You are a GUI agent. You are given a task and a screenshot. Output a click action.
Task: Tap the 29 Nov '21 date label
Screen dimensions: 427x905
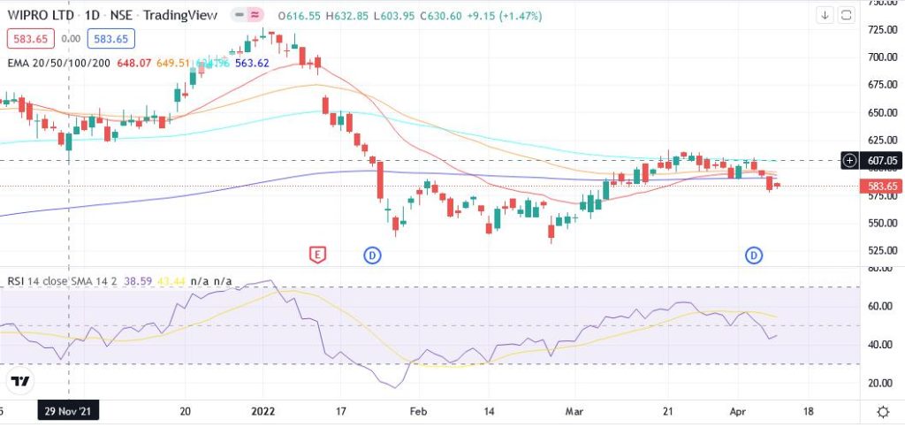click(69, 411)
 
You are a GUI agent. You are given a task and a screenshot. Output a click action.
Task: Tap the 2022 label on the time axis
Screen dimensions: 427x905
click(262, 411)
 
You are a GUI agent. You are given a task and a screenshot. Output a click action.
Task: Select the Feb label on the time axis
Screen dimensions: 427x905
click(420, 411)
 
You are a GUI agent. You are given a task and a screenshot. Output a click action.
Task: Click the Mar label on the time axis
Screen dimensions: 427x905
click(575, 411)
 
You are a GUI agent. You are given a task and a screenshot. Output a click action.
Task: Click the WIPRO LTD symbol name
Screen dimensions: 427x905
click(42, 16)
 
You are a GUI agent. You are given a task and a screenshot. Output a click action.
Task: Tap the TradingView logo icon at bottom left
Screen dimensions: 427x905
click(20, 382)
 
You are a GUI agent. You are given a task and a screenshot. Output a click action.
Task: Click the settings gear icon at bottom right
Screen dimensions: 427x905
click(882, 412)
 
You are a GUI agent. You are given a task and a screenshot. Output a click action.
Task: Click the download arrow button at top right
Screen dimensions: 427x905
click(824, 15)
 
